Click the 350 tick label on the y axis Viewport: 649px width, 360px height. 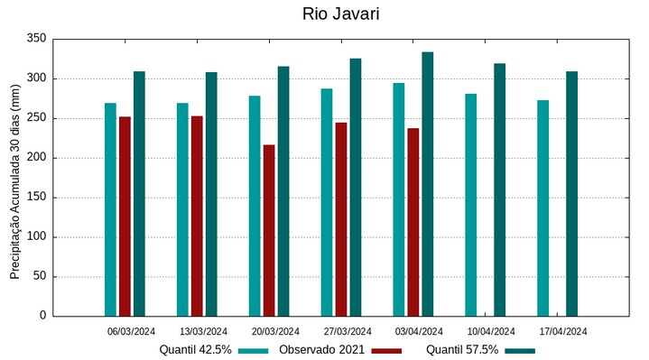tap(37, 39)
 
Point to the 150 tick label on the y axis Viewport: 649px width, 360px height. tap(37, 198)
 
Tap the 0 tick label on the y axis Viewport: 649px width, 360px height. tap(42, 316)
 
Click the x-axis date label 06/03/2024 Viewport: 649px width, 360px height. tap(131, 331)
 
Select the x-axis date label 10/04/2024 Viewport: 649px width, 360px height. tap(491, 331)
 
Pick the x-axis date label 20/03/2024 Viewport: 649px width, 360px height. tap(275, 331)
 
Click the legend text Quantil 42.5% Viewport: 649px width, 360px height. tap(195, 349)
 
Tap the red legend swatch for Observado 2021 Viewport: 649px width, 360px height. tap(386, 350)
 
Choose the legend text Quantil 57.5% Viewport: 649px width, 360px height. tap(462, 349)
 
